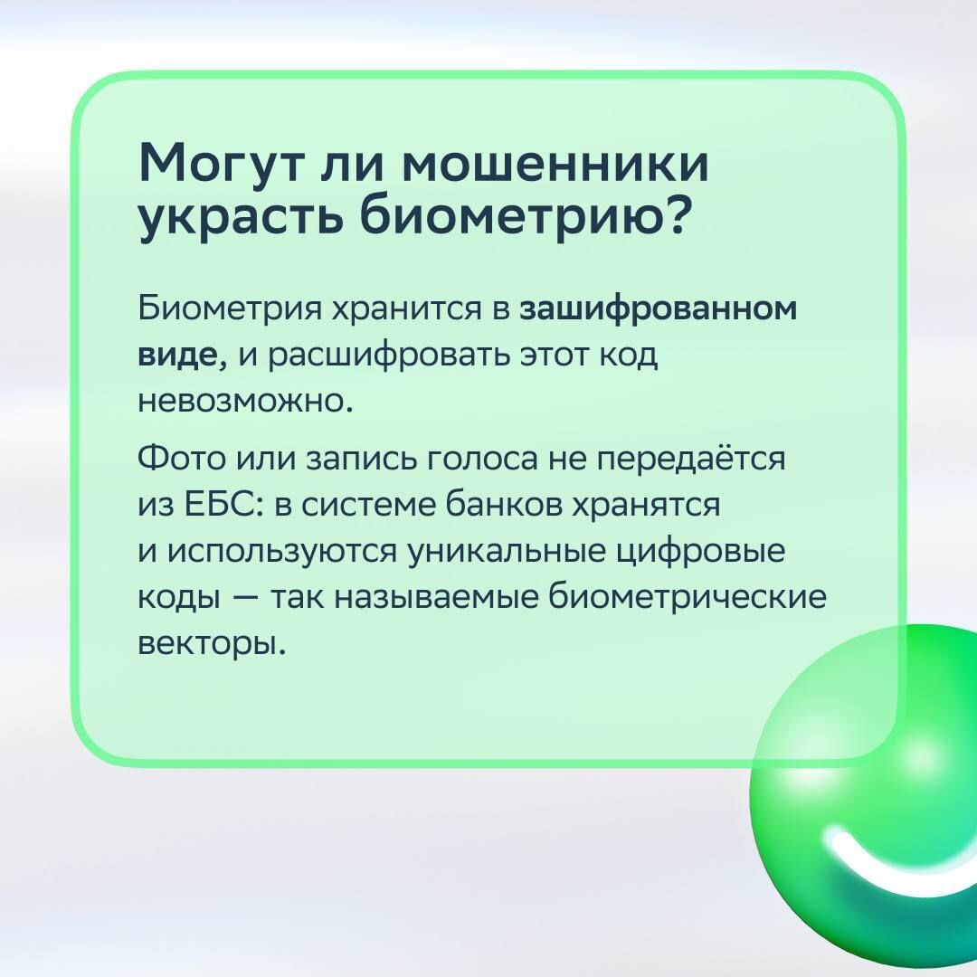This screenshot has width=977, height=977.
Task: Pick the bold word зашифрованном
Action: coord(659,309)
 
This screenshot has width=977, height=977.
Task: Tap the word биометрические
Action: coord(688,599)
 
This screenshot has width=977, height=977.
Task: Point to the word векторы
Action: coord(211,645)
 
